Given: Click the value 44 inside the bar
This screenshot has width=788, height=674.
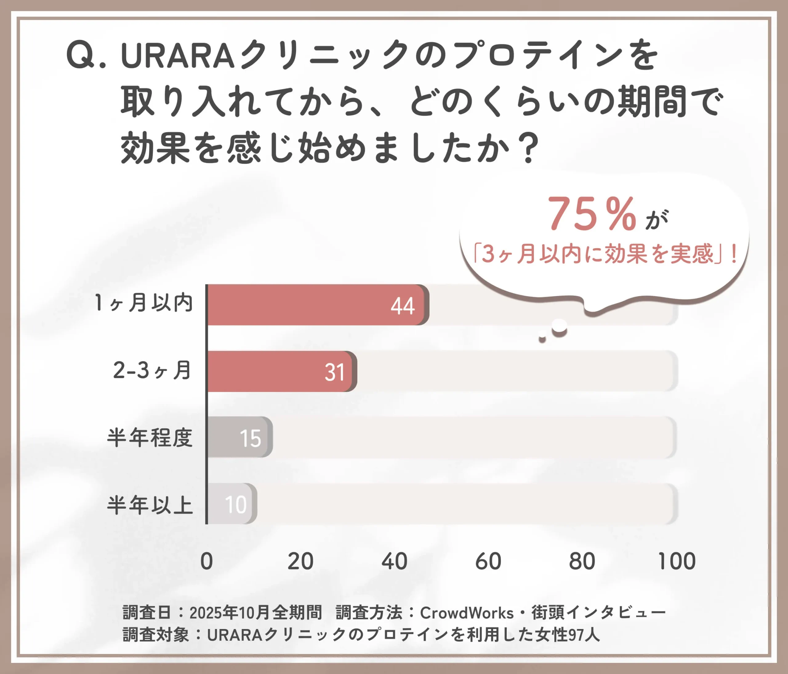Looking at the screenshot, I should point(403,306).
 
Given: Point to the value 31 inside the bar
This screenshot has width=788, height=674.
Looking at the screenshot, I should point(335,372).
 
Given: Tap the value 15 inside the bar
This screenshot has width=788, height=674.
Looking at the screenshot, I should point(250,438).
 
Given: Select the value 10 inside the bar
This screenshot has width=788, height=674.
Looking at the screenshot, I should point(236,505).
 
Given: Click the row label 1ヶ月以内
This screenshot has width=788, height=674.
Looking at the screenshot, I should point(144,304).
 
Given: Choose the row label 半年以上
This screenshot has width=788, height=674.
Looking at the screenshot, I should point(150,506).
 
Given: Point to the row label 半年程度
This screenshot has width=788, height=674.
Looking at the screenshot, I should point(150,438).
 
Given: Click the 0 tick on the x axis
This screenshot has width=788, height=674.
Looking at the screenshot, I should point(207,561).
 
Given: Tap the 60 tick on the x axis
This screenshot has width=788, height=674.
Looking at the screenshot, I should point(488,561).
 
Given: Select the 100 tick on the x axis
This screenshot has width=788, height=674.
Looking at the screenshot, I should point(676,561).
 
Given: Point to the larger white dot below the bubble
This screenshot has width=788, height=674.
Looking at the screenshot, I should point(559,326).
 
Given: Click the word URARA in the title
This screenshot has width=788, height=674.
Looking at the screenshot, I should point(177,56).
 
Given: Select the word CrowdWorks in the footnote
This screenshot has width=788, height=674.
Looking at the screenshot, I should point(467,613).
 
